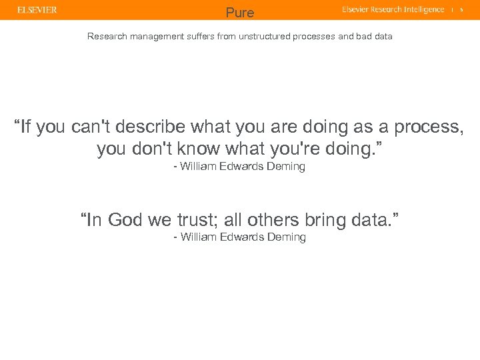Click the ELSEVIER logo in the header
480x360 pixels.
coord(37,10)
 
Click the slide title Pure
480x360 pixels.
coord(240,13)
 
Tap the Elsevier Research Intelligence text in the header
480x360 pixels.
coord(393,10)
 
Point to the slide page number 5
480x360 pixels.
coord(461,10)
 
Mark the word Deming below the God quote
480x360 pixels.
coord(285,237)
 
